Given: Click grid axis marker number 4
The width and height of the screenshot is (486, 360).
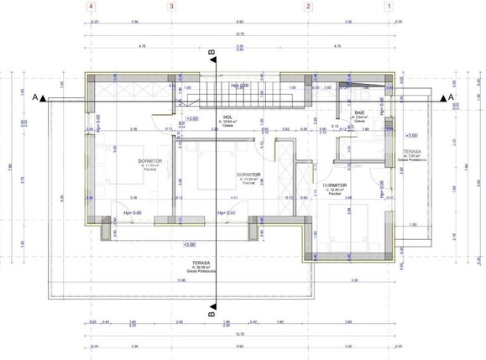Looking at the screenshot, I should click(90, 6).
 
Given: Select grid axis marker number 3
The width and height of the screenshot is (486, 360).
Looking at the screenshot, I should click(171, 6).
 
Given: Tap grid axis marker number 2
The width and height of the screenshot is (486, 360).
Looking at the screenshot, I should click(308, 6).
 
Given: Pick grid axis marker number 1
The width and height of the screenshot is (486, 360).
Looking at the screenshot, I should click(388, 6).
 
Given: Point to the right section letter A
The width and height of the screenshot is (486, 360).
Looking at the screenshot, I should click(451, 97).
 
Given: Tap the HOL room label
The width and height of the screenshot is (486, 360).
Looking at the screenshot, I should click(227, 118).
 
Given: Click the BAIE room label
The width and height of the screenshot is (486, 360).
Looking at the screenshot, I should click(359, 112).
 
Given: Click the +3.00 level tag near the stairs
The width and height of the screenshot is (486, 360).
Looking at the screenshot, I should click(191, 119).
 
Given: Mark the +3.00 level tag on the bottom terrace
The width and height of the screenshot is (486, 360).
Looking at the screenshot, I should click(190, 244).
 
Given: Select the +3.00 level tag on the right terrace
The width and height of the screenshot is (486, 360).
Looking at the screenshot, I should click(410, 135).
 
